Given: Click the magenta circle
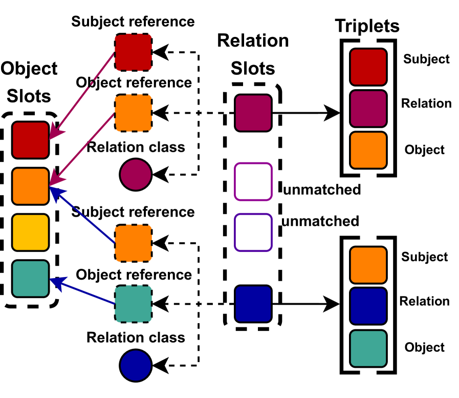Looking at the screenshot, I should (136, 175).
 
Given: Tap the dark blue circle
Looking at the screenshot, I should (136, 366).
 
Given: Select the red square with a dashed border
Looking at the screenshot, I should (133, 52).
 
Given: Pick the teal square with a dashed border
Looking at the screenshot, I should (133, 304).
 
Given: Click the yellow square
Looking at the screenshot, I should (30, 233).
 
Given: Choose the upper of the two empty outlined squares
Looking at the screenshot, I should (253, 182).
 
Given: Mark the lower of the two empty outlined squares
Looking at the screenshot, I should (253, 233).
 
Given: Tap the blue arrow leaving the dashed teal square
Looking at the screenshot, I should (84, 292).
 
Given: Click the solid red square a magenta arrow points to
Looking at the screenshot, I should (30, 140).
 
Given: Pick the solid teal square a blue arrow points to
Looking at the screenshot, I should (30, 279).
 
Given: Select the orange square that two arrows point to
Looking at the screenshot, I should (30, 186).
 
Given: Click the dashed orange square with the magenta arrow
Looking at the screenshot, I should (133, 113).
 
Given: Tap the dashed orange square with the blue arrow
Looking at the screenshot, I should (133, 243).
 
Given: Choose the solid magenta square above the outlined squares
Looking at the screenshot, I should (253, 113).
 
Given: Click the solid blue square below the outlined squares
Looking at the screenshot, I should (253, 304).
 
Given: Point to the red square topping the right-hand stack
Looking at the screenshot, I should (368, 67).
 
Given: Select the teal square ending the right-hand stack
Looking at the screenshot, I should (368, 348).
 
